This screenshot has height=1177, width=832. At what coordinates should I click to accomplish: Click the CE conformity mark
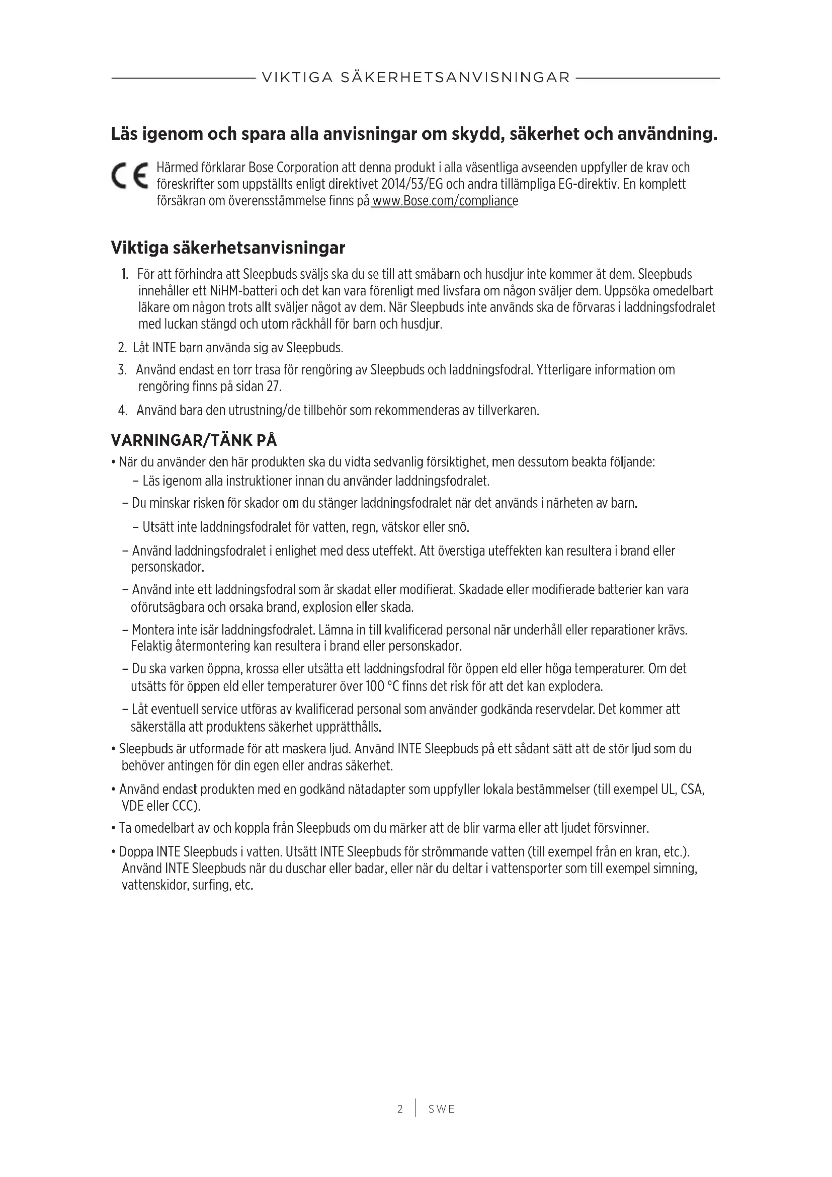[130, 176]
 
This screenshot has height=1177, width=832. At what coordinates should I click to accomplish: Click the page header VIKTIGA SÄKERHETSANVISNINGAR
[415, 77]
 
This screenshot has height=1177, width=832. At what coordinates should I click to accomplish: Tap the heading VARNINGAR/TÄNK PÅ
[194, 440]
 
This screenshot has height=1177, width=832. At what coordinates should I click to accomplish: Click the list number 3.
[122, 370]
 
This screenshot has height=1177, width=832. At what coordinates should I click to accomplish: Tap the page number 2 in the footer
[400, 1109]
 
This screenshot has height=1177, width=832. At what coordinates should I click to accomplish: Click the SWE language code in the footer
[442, 1109]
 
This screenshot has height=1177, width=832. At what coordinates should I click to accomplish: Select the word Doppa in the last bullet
[136, 852]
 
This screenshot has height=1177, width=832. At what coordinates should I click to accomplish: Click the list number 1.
[124, 274]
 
